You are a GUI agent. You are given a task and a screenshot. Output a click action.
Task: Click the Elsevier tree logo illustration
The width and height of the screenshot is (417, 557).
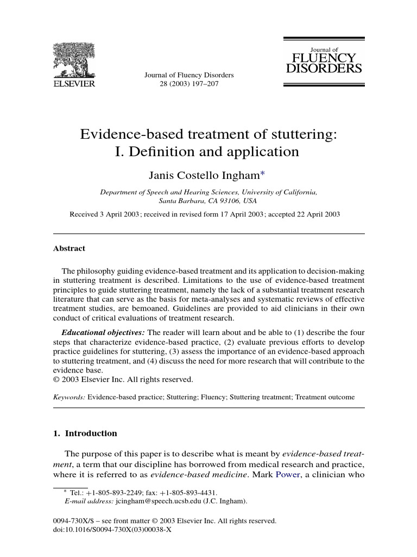73,59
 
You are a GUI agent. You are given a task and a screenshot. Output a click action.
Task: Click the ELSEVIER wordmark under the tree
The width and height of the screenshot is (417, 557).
73,84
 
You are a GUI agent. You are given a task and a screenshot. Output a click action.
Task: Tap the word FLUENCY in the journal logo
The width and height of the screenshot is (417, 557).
324,58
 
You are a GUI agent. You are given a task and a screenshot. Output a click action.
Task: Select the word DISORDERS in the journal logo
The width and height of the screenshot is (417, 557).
324,69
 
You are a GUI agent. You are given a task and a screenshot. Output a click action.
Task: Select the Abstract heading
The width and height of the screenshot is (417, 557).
69,249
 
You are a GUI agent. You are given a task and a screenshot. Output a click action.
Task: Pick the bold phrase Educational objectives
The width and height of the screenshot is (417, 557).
103,332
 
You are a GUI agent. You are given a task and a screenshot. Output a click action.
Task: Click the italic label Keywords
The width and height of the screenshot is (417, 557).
69,398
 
